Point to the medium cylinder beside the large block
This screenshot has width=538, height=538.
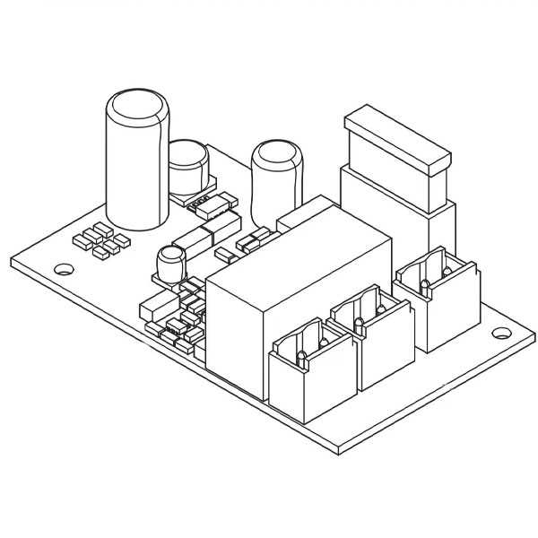click(x=276, y=184)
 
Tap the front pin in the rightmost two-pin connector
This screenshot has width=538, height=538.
click(x=424, y=286)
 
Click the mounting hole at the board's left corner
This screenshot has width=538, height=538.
click(x=65, y=268)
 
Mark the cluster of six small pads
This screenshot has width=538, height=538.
click(x=95, y=239)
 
